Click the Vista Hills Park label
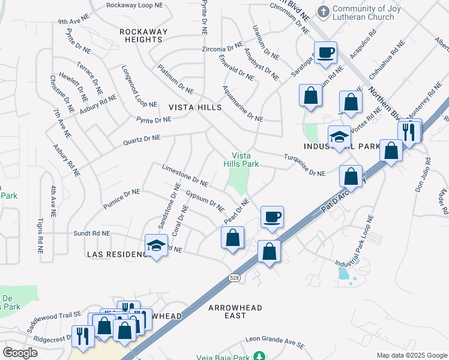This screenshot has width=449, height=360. [x=241, y=159]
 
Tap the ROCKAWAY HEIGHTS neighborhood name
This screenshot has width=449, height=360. [x=141, y=35]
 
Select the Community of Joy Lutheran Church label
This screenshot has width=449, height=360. [x=364, y=13]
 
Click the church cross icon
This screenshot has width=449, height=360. [x=324, y=11]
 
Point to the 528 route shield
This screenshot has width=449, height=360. [x=235, y=277]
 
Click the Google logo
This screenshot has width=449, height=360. [x=20, y=353]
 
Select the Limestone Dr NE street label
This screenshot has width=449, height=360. [x=184, y=175]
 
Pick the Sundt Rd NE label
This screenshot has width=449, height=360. [x=91, y=233]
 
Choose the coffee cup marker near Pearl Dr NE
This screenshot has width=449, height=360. [x=272, y=217]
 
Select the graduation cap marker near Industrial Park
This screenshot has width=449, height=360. [x=339, y=137]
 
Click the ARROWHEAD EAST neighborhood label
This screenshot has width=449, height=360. [x=235, y=311]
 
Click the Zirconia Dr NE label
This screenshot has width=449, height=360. [x=221, y=48]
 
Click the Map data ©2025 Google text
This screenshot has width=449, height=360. [x=411, y=355]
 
